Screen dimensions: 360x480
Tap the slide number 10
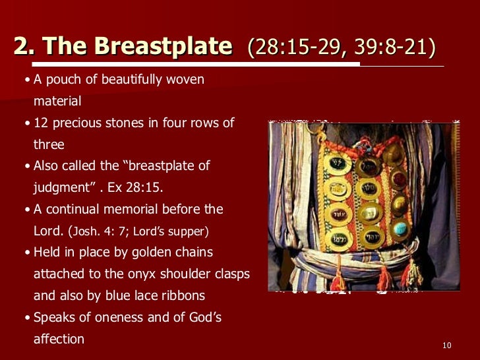446,346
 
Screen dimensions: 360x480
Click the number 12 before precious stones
41,123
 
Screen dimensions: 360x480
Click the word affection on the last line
59,340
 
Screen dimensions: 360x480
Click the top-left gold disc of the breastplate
340,163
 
